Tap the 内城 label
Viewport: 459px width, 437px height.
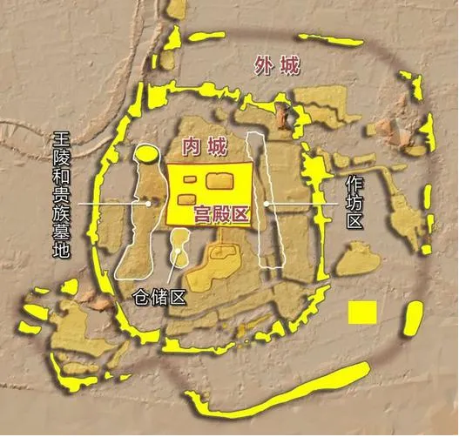(x=207, y=146)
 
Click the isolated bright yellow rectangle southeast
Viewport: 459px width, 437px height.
(x=361, y=312)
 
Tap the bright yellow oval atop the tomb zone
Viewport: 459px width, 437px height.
(x=145, y=156)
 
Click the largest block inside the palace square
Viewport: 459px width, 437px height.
(x=221, y=181)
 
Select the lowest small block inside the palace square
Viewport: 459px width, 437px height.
(x=186, y=200)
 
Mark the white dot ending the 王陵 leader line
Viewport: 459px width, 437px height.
(x=149, y=203)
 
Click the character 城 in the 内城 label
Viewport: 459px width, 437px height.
(x=218, y=146)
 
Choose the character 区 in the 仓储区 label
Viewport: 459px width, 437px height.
(x=179, y=297)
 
